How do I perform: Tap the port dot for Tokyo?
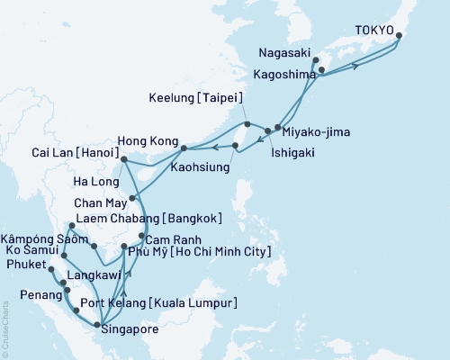pos(399,36)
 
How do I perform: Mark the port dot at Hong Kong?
pos(184,148)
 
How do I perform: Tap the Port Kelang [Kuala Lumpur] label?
pos(160,302)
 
